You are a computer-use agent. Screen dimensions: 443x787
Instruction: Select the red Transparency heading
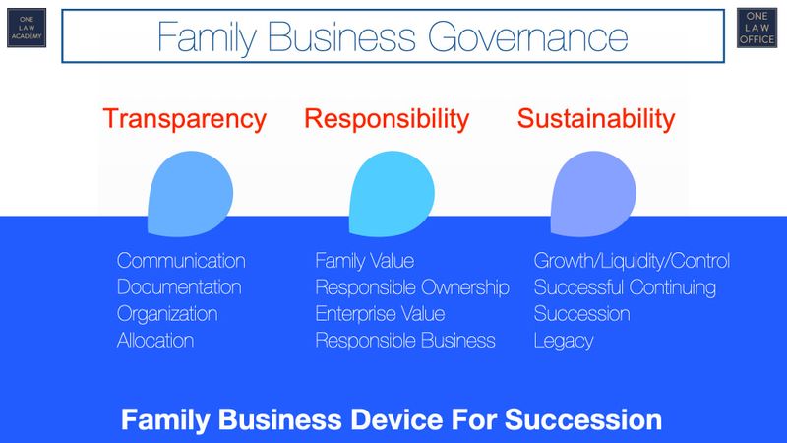pyautogui.click(x=185, y=120)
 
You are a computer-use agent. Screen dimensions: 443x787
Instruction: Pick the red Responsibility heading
pyautogui.click(x=386, y=120)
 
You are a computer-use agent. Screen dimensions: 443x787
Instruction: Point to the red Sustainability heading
pyautogui.click(x=596, y=120)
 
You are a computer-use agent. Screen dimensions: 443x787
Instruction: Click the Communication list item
pyautogui.click(x=181, y=262)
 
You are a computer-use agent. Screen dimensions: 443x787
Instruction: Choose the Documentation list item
pyautogui.click(x=179, y=288)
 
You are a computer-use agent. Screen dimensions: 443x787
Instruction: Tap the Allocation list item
pyautogui.click(x=154, y=342)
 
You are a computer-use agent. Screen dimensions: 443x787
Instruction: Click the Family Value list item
pyautogui.click(x=364, y=262)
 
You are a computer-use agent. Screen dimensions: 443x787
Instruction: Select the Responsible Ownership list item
pyautogui.click(x=412, y=288)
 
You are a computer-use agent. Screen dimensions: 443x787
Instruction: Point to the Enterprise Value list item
pyautogui.click(x=380, y=315)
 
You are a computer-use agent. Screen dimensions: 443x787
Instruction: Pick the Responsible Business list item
pyautogui.click(x=405, y=342)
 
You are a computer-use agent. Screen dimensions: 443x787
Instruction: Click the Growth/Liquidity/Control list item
pyautogui.click(x=632, y=262)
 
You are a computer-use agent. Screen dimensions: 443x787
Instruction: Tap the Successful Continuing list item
pyautogui.click(x=625, y=288)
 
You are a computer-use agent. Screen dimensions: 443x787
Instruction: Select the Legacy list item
pyautogui.click(x=565, y=342)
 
